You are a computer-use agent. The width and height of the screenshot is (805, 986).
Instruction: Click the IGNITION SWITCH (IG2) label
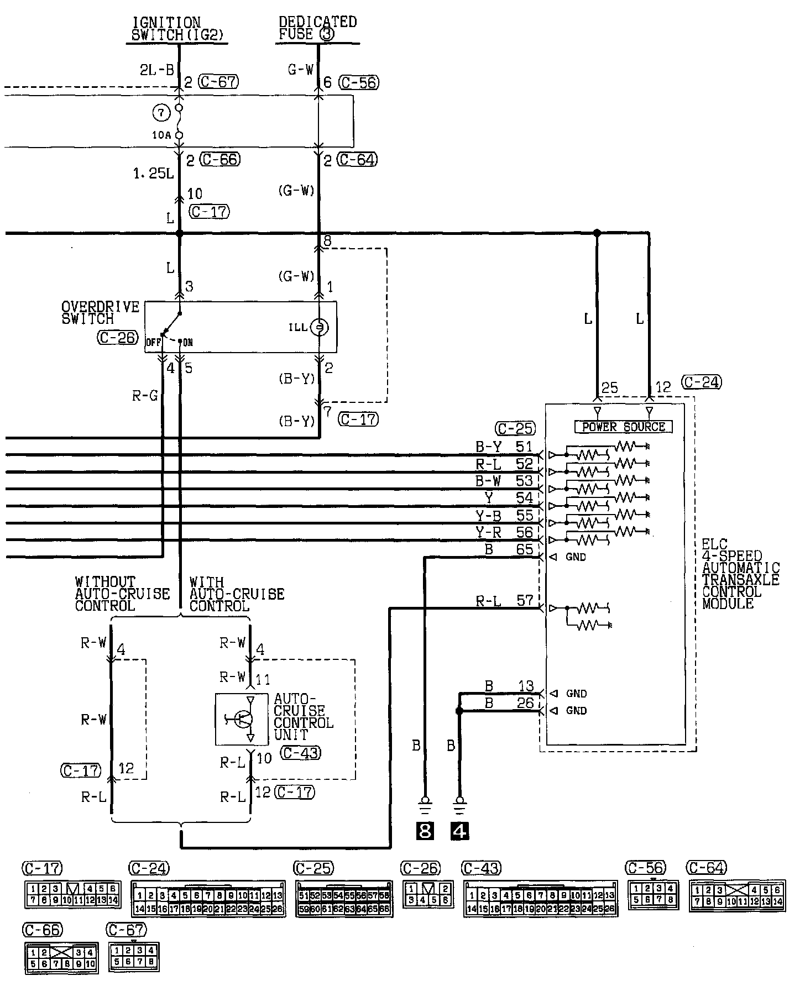[x=179, y=29]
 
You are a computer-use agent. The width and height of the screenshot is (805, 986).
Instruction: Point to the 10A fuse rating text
[x=162, y=135]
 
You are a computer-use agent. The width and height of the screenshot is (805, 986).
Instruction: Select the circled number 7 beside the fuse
[x=160, y=113]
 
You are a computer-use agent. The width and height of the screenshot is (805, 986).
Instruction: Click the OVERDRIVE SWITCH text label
[x=100, y=313]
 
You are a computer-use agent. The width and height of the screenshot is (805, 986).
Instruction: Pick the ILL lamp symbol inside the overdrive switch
[x=318, y=328]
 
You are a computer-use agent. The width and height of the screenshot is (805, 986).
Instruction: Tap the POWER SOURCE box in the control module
[x=623, y=427]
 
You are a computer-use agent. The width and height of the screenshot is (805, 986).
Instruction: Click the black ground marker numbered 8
[x=425, y=831]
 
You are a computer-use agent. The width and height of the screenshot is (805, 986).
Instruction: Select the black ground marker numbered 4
[x=459, y=831]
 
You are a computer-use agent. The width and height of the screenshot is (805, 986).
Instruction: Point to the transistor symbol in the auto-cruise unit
[x=242, y=718]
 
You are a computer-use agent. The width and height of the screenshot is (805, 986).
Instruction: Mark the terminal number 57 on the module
[x=525, y=600]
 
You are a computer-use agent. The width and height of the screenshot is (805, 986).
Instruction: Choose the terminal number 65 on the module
[x=525, y=549]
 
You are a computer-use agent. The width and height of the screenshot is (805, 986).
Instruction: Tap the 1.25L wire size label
[x=153, y=174]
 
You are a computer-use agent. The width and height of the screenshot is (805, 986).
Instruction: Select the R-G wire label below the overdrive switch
[x=145, y=396]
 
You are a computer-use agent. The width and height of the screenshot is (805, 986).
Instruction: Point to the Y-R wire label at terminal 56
[x=489, y=532]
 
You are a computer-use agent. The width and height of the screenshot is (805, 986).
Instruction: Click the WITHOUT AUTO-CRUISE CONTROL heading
[x=122, y=594]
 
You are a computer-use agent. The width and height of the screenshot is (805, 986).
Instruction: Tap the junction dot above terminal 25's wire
[x=597, y=233]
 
